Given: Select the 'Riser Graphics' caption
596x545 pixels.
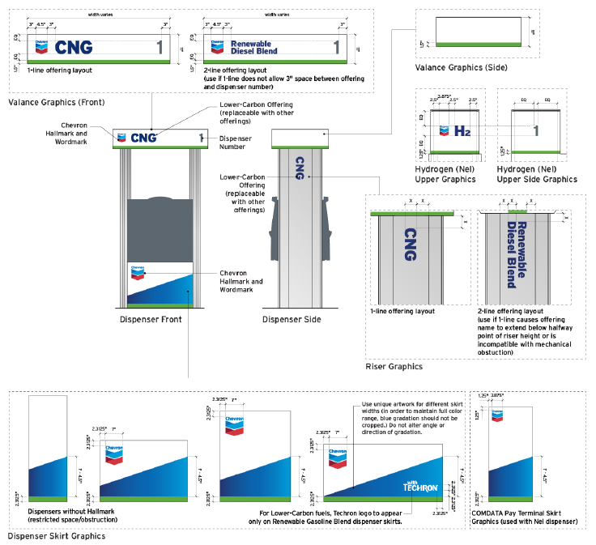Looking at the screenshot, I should click(394, 366).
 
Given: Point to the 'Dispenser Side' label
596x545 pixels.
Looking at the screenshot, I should click(288, 319).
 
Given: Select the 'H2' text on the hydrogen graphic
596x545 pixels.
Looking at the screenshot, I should click(462, 130).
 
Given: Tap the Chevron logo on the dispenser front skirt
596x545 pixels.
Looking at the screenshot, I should click(138, 273).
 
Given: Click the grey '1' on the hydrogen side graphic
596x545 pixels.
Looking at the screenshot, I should click(534, 130).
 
